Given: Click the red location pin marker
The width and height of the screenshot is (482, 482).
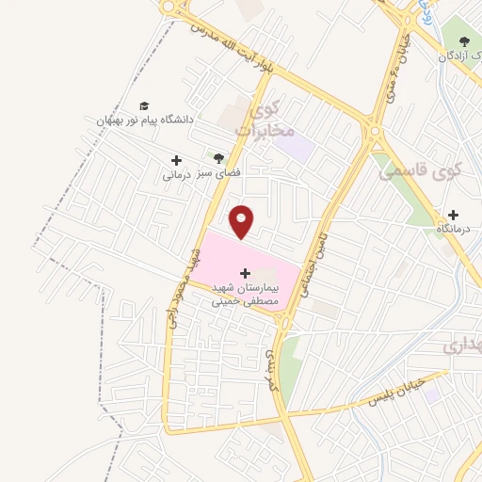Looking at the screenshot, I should pos(242,221).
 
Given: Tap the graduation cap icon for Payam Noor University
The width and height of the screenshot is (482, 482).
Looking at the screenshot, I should pos(144,105).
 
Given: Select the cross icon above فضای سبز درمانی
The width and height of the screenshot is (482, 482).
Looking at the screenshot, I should pos(176,161).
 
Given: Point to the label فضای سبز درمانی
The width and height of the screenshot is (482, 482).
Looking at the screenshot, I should pos(192,175).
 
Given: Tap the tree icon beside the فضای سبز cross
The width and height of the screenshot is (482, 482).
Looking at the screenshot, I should pos(218,158).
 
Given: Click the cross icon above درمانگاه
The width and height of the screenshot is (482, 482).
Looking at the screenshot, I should pos(454,215).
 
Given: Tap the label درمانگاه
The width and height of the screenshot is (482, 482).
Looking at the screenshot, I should pos(455,229).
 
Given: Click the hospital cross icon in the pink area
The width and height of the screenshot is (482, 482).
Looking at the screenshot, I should pos(246,272).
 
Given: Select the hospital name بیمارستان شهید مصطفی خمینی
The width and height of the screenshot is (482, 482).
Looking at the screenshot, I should pos(246,295).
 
